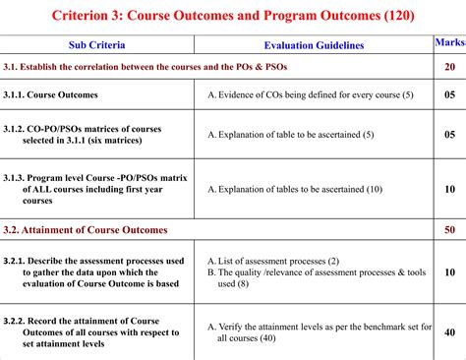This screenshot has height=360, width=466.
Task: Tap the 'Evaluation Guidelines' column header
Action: click(314, 45)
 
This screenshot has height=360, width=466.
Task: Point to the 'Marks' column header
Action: click(450, 44)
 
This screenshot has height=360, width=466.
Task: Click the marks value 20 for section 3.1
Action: click(450, 67)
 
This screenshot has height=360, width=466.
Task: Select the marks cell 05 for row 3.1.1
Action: click(450, 94)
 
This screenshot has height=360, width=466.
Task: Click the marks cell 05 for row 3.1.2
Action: click(450, 133)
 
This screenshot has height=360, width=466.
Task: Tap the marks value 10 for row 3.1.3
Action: click(450, 188)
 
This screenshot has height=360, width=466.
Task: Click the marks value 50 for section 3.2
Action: click(450, 229)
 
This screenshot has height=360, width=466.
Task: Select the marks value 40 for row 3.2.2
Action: click(450, 332)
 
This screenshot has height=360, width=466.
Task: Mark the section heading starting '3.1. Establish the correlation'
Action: click(158, 67)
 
